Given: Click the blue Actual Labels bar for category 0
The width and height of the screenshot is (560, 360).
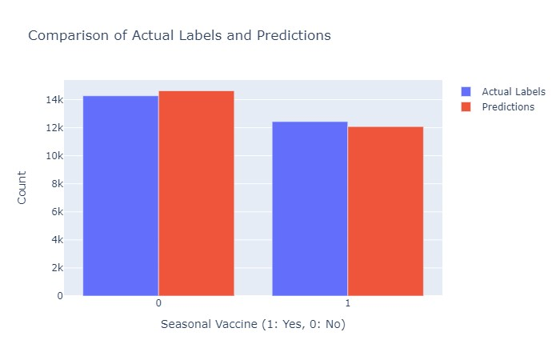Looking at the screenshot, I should (x=120, y=196).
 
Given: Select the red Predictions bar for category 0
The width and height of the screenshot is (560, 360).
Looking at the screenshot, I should (x=196, y=194).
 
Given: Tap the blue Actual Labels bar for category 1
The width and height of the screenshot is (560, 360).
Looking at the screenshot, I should (x=310, y=209).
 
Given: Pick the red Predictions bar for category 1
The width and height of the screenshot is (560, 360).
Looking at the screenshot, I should (x=386, y=211).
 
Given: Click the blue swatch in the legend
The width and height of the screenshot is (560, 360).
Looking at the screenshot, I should (x=467, y=92).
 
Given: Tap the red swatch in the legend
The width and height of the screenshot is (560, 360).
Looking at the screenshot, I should (x=467, y=107).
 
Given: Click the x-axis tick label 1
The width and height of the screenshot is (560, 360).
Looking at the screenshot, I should (x=347, y=306).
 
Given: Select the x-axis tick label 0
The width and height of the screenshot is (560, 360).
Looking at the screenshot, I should (x=158, y=306).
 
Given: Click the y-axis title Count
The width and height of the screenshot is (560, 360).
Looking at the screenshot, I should (x=22, y=187).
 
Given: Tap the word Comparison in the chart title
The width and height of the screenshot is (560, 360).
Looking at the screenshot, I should (x=65, y=36).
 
